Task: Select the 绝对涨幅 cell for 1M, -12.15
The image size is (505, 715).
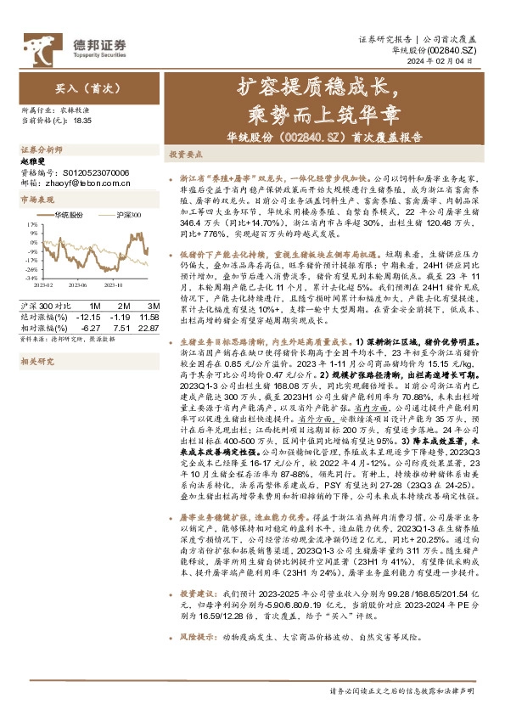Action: coord(87,317)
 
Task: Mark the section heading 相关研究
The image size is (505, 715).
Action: coord(36,361)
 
